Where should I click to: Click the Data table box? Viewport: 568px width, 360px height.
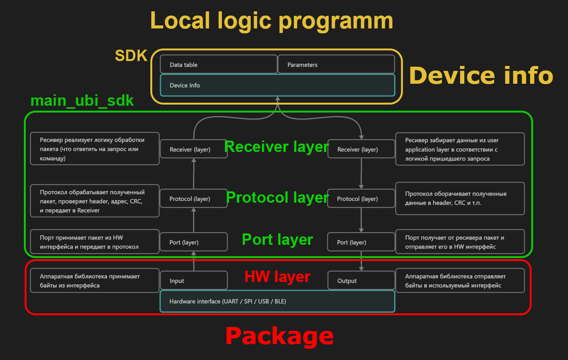(x=218, y=64)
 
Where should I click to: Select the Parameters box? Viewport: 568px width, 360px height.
(x=336, y=64)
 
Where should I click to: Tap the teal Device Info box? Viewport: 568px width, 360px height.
(x=277, y=85)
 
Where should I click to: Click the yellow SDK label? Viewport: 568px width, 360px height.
(x=131, y=56)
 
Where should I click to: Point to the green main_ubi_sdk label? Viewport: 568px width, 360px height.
(x=82, y=101)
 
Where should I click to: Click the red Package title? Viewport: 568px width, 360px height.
(x=279, y=336)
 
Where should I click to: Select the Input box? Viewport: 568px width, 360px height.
(x=193, y=280)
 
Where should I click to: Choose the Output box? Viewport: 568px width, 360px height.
(x=361, y=280)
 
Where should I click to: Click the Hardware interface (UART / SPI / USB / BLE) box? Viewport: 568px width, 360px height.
(x=277, y=301)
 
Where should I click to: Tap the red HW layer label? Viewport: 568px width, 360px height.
(x=277, y=277)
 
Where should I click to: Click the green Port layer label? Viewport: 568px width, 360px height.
(x=277, y=239)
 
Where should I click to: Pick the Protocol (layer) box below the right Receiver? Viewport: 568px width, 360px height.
(x=361, y=199)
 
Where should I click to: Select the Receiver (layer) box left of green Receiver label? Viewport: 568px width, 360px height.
(x=193, y=149)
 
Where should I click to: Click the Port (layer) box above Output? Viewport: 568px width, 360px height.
(x=361, y=242)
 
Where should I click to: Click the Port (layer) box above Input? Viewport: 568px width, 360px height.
(x=193, y=242)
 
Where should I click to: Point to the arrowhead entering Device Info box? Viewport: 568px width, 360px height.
(x=278, y=99)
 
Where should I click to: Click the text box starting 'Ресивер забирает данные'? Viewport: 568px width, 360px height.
(x=460, y=149)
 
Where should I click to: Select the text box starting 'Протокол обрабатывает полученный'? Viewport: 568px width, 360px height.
(x=94, y=201)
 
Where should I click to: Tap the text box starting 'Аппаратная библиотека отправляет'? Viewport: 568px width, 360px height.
(x=460, y=281)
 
